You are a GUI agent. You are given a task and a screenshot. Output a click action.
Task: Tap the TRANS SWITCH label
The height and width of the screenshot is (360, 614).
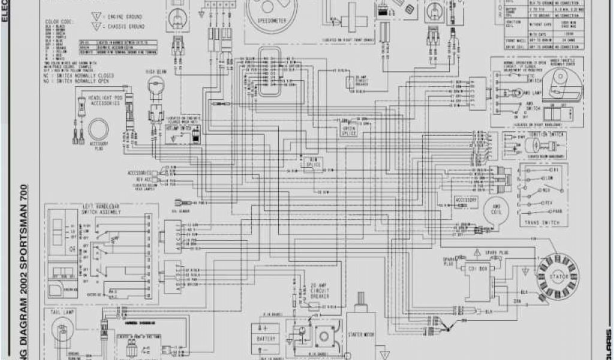coord(537,223)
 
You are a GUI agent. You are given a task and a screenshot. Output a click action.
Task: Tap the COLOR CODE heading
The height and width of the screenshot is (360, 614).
coord(58,22)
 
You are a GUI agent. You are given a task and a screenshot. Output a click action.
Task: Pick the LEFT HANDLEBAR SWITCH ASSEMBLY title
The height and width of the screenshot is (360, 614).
coord(103,209)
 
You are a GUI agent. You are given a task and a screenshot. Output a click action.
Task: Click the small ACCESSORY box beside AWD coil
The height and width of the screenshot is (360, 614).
coord(466,199)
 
